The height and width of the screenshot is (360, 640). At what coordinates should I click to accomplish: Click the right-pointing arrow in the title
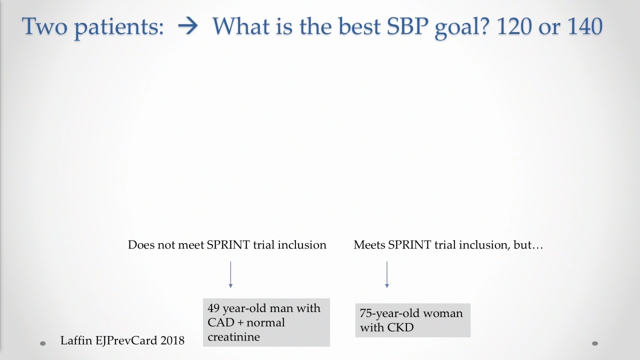pyautogui.click(x=187, y=26)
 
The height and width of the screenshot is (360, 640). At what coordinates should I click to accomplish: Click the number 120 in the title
pyautogui.click(x=514, y=26)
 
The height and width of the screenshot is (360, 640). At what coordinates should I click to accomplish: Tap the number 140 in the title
pyautogui.click(x=585, y=26)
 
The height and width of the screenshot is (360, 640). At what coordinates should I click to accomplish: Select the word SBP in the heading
pyautogui.click(x=407, y=26)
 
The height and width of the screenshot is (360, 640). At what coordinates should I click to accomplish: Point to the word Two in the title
pyautogui.click(x=44, y=26)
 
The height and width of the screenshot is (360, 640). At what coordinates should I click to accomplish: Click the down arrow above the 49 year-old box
pyautogui.click(x=230, y=274)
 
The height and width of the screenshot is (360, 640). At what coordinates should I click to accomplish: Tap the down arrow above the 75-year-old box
pyautogui.click(x=387, y=274)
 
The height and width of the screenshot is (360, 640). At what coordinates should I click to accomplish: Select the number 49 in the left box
pyautogui.click(x=213, y=308)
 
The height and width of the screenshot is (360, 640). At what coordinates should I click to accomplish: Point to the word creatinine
pyautogui.click(x=233, y=337)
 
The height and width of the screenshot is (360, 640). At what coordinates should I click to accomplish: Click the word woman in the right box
pyautogui.click(x=443, y=313)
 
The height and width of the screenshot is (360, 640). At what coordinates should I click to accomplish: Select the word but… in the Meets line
pyautogui.click(x=528, y=245)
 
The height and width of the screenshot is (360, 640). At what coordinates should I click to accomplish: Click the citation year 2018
pyautogui.click(x=172, y=340)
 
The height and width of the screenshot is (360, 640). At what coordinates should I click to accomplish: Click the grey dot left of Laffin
pyautogui.click(x=43, y=343)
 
